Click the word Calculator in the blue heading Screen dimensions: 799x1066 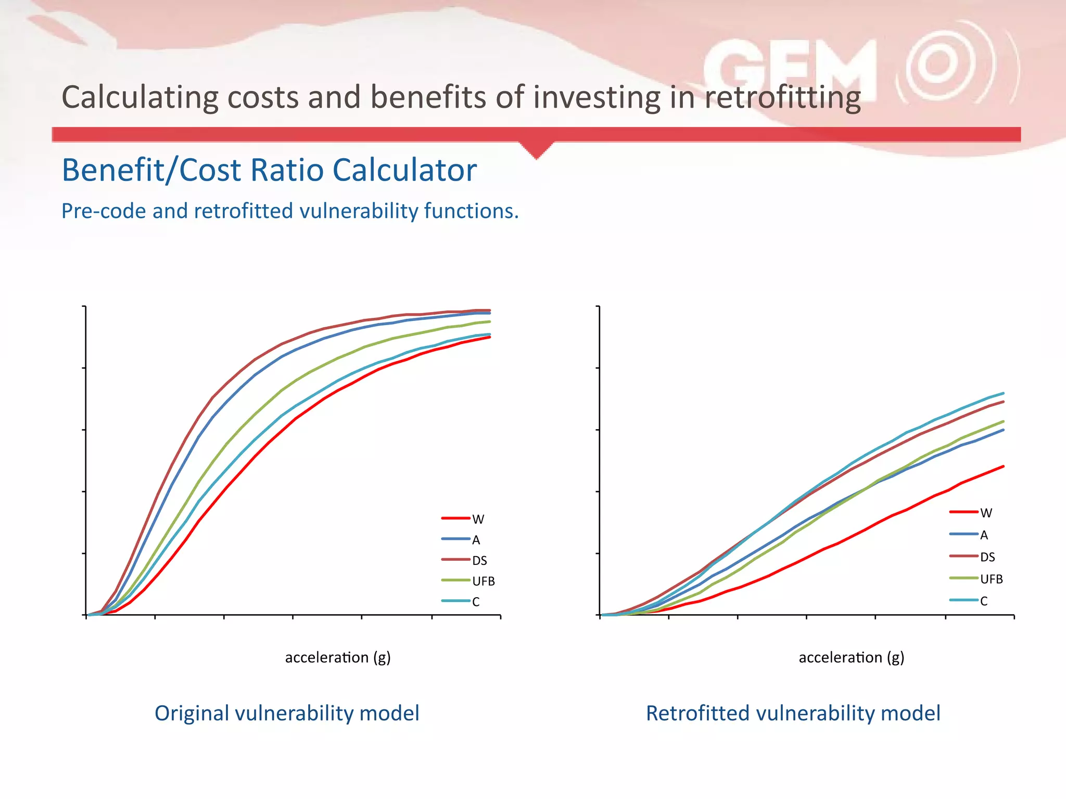404,170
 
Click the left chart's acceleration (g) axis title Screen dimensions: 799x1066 338,658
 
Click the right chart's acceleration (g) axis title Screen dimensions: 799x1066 852,658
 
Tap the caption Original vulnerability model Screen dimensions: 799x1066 287,713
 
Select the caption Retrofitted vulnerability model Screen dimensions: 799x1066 793,713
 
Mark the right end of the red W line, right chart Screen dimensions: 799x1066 1003,467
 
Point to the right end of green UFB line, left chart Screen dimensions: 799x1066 489,321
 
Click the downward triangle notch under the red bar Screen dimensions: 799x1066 537,150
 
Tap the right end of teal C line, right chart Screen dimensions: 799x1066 1003,393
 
